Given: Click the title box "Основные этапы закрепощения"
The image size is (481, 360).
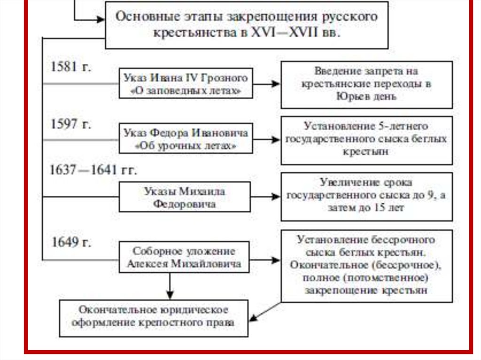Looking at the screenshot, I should pyautogui.click(x=247, y=24).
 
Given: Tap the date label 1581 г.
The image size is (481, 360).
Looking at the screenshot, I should pyautogui.click(x=71, y=67).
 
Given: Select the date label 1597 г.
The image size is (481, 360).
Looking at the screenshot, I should pyautogui.click(x=71, y=125).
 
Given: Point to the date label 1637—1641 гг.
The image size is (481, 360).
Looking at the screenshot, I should pyautogui.click(x=93, y=170).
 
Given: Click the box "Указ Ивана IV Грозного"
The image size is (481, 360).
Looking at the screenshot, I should pyautogui.click(x=185, y=84).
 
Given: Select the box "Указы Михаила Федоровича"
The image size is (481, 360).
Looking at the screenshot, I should pyautogui.click(x=185, y=198).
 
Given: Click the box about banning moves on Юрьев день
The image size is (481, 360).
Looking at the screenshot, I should pyautogui.click(x=366, y=84).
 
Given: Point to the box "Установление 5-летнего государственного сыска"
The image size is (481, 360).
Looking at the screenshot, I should pyautogui.click(x=366, y=139).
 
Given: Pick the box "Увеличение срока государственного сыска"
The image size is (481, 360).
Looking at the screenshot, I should pyautogui.click(x=366, y=196).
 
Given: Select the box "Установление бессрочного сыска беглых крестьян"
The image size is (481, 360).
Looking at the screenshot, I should pyautogui.click(x=366, y=265).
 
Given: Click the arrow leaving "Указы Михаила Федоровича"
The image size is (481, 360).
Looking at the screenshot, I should pyautogui.click(x=265, y=197).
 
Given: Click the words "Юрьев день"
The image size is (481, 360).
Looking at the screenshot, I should pyautogui.click(x=366, y=97).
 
